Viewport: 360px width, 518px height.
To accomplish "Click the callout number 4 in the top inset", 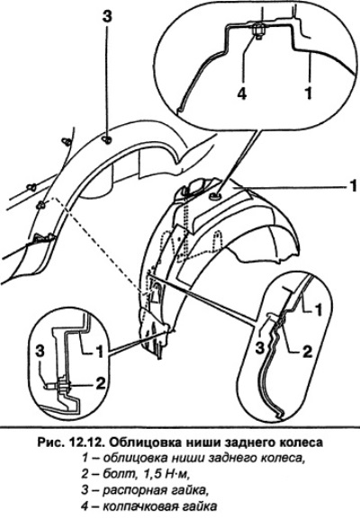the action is click(242, 94).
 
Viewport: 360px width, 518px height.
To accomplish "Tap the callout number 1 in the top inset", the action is click(309, 94).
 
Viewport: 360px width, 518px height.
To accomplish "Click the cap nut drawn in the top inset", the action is click(258, 32).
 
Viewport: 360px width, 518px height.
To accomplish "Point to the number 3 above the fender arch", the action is click(107, 16).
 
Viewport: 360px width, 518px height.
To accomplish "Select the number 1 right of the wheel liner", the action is click(354, 186).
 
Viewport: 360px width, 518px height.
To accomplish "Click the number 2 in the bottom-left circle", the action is click(101, 383).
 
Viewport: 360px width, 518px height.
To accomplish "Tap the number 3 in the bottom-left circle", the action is click(40, 352).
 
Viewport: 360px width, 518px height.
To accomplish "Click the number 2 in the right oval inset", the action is click(308, 352).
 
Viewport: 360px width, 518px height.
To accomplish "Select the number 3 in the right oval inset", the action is click(260, 349).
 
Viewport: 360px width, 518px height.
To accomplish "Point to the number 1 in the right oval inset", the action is click(318, 310).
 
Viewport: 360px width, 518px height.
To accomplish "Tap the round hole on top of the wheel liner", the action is click(215, 198).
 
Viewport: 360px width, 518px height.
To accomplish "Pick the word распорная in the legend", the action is click(133, 491).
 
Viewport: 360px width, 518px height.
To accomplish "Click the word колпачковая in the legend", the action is click(140, 506).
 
